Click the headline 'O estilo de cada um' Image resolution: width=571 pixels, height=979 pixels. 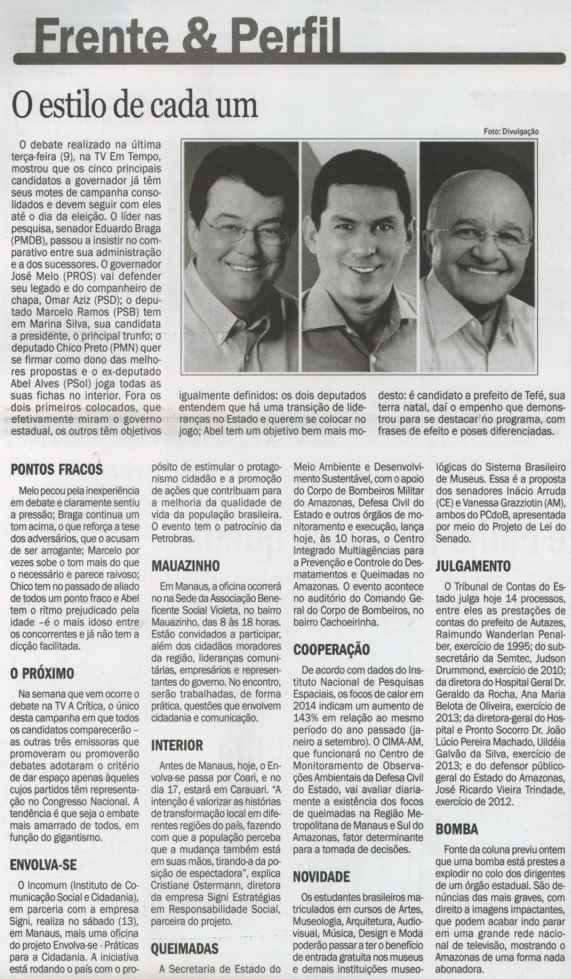pos(136,105)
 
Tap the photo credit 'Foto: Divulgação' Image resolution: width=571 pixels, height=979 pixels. pos(511,131)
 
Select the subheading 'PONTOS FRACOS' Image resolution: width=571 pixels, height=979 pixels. pos(57,469)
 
